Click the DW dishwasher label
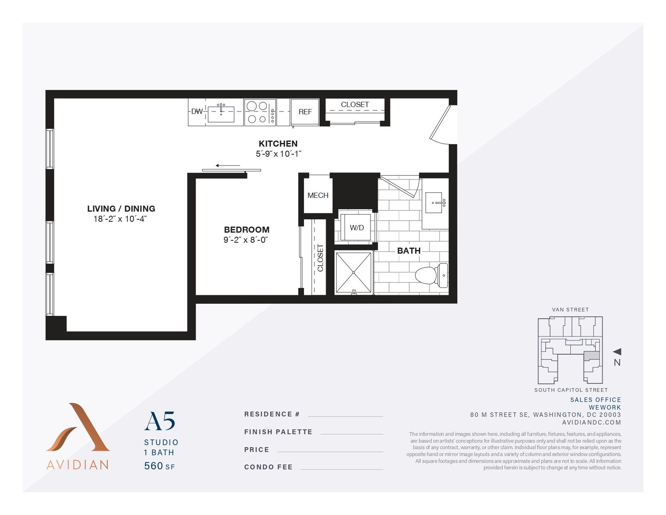pyautogui.click(x=197, y=111)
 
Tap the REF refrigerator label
pyautogui.click(x=305, y=112)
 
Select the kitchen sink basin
pyautogui.click(x=221, y=114)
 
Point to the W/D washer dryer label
pyautogui.click(x=357, y=228)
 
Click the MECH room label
pyautogui.click(x=318, y=195)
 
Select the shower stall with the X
pyautogui.click(x=354, y=273)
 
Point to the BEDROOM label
pyautogui.click(x=247, y=230)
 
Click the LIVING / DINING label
pyautogui.click(x=121, y=209)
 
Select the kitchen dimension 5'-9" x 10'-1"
pyautogui.click(x=279, y=154)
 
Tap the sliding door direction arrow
pyautogui.click(x=228, y=166)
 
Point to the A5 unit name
pyautogui.click(x=160, y=422)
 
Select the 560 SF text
pyautogui.click(x=159, y=466)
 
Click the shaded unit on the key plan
pyautogui.click(x=592, y=356)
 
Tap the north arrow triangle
pyautogui.click(x=617, y=352)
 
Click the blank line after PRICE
pyautogui.click(x=330, y=451)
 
